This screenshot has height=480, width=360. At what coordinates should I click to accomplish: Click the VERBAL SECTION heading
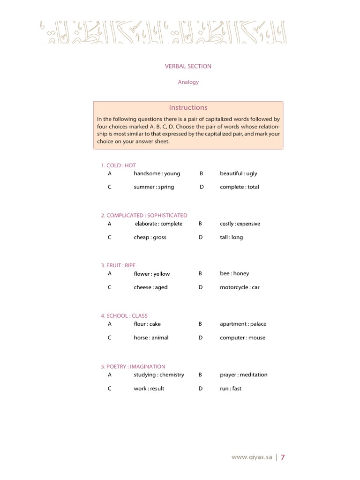tap(188, 66)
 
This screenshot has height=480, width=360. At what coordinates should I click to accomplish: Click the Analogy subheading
tap(188, 82)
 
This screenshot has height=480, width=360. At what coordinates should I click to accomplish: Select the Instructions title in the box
tap(188, 107)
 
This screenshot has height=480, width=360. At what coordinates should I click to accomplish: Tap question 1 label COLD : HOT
tap(118, 165)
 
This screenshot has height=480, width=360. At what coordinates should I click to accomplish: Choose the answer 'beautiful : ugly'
tap(238, 173)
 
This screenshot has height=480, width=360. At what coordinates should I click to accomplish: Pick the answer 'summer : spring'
tap(154, 187)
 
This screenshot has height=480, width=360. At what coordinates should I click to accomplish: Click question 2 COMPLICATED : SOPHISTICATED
tap(144, 216)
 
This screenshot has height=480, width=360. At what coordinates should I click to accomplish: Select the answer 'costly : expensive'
tap(240, 224)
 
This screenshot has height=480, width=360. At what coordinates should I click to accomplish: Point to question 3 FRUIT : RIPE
tap(118, 265)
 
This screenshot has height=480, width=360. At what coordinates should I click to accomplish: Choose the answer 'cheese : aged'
tap(150, 287)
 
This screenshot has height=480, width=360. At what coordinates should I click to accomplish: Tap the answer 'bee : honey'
tap(234, 274)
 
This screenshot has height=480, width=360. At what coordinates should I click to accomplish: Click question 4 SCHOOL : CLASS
tap(124, 316)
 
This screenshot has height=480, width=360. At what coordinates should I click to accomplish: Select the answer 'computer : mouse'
tap(242, 338)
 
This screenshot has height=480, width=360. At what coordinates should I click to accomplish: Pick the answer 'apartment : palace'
tap(243, 324)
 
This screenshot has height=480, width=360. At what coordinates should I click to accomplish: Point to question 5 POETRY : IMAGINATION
tap(133, 367)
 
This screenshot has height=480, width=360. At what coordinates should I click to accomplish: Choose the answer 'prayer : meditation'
tap(243, 375)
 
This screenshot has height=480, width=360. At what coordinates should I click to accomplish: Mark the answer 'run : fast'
tap(231, 389)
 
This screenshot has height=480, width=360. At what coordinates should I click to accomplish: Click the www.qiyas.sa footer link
tap(252, 457)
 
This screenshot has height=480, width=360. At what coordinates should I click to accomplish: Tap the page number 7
tap(283, 457)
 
